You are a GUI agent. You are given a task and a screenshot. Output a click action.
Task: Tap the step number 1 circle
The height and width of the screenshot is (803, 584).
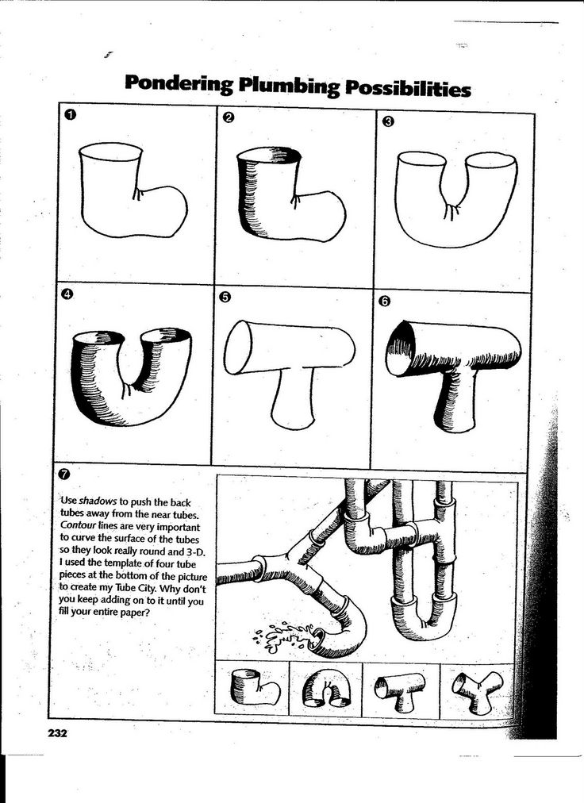click(x=70, y=116)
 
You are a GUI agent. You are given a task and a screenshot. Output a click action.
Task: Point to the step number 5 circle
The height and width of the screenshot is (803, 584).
click(x=225, y=297)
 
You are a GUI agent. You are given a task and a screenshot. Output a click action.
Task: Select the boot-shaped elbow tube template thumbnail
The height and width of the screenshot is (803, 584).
click(x=254, y=687)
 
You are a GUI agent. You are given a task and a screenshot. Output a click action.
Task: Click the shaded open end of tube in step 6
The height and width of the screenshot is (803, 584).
click(x=401, y=350)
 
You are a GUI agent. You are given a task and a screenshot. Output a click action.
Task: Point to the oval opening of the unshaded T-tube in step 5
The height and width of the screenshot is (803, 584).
click(x=237, y=348)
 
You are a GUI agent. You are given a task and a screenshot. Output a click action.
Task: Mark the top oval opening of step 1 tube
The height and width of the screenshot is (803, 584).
click(x=111, y=152)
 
